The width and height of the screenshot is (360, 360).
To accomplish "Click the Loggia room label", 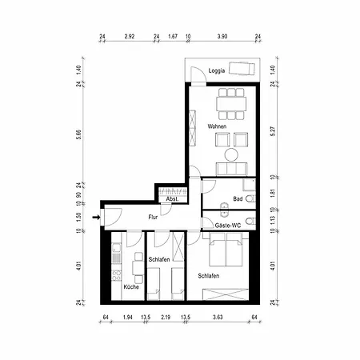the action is (x=217, y=70).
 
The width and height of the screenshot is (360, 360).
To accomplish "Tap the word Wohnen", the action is (x=217, y=126).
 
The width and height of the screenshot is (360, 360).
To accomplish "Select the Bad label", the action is (x=238, y=199).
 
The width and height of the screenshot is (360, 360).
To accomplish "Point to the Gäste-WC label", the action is (x=228, y=226).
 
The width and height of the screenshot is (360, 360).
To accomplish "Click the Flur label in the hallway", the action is (x=153, y=218).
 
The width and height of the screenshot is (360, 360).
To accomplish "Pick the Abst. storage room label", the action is (x=172, y=199).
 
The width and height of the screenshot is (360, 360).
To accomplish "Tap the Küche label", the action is (x=131, y=287).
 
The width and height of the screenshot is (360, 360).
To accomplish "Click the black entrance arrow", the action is (x=96, y=218).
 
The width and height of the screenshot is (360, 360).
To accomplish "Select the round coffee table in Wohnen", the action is (x=231, y=154).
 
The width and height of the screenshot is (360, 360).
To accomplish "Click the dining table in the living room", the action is (x=231, y=104).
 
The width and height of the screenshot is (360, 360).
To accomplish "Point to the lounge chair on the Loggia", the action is (x=242, y=69).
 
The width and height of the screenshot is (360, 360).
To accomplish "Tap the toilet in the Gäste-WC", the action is (x=250, y=222).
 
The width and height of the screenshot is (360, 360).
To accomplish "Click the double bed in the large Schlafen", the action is (x=226, y=250).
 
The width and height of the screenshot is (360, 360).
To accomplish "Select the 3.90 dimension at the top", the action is (x=222, y=37).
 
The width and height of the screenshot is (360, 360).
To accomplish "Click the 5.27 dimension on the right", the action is (x=272, y=131).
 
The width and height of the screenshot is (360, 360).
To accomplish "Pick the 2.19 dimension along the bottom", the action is (x=166, y=318).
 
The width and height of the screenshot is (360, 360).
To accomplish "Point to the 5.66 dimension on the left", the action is (x=78, y=134).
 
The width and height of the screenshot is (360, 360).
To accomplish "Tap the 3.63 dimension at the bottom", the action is (x=218, y=318).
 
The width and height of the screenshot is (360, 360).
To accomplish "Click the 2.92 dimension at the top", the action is (x=130, y=37).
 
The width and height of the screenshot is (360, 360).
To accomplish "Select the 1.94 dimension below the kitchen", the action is (x=128, y=318).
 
